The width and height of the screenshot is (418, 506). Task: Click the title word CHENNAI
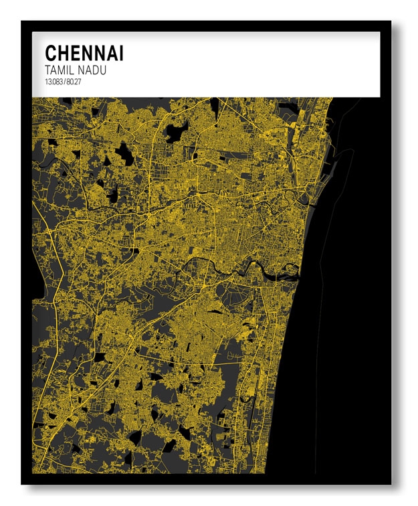(84, 54)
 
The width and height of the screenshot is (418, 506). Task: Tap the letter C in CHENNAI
(50, 54)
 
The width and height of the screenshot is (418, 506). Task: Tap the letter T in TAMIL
(47, 70)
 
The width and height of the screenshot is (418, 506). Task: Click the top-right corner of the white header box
(379, 33)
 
